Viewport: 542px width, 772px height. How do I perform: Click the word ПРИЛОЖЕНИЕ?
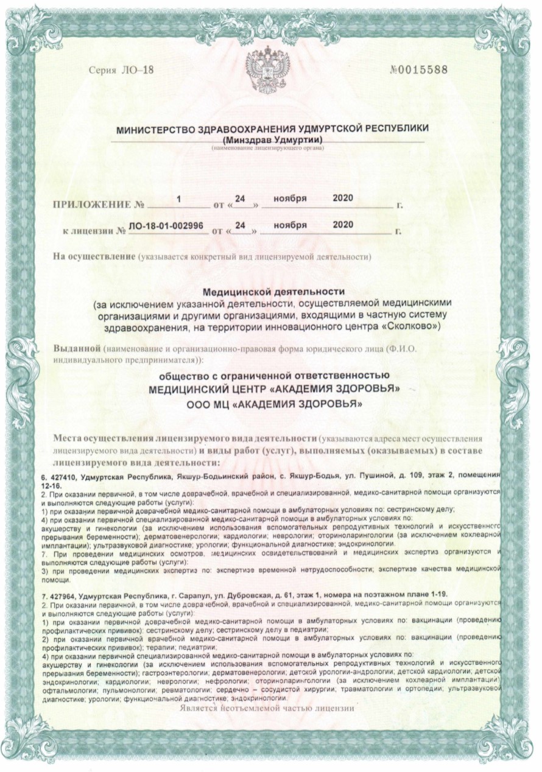point(92,204)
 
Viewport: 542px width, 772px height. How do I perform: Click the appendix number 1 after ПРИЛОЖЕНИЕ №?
point(178,198)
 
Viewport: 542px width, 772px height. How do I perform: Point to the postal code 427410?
point(64,474)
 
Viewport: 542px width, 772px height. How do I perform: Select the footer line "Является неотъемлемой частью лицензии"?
point(266,709)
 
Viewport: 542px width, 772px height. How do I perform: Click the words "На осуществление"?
point(93,256)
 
